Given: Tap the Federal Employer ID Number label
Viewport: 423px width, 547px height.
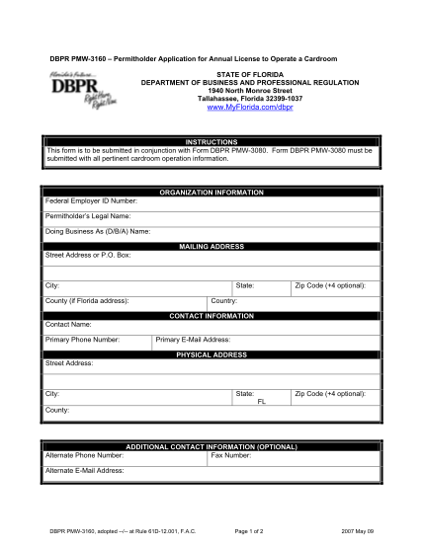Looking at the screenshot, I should (x=90, y=200).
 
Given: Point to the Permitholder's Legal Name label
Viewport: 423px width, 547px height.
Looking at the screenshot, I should (x=88, y=215).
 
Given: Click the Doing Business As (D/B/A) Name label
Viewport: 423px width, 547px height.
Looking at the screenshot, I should (x=98, y=231).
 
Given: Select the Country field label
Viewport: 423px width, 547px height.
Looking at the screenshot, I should (x=223, y=299).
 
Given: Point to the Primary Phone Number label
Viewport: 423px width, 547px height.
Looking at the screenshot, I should (x=83, y=339).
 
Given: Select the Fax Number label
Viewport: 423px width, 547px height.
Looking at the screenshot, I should (x=230, y=455).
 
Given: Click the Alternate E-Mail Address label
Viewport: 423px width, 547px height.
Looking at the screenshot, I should (x=85, y=470).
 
